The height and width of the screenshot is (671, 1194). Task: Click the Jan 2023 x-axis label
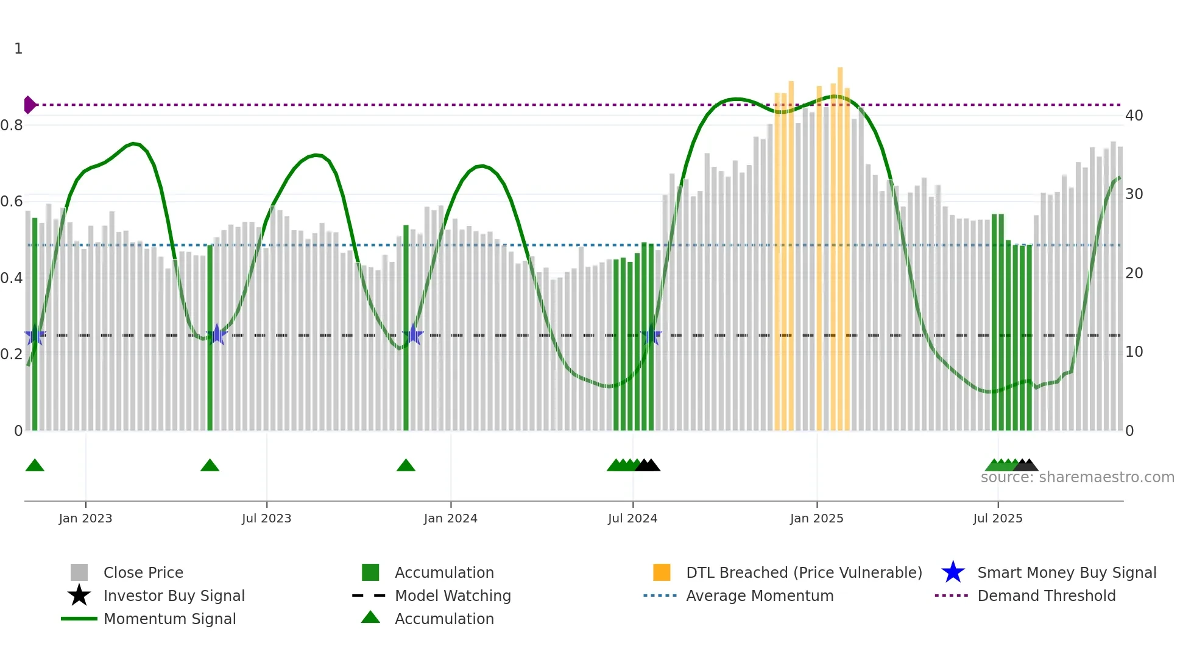85,518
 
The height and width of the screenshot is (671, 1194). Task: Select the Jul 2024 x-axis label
632,518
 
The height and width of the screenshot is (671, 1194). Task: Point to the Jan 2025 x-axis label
816,518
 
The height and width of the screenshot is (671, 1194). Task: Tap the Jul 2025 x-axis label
997,518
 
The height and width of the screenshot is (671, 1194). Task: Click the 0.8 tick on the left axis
12,125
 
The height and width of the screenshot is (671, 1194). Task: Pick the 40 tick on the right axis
1134,116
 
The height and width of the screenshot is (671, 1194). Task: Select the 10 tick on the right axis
1134,352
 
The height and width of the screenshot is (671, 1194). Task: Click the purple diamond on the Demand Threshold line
29,105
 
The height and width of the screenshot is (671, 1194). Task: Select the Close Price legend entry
143,572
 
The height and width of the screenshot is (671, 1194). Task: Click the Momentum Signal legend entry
169,619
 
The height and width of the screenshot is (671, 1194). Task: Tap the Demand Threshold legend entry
1046,595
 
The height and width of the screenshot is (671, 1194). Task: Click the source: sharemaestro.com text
1077,477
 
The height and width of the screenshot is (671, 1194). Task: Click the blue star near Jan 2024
413,334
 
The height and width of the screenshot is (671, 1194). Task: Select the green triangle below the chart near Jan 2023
35,466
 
